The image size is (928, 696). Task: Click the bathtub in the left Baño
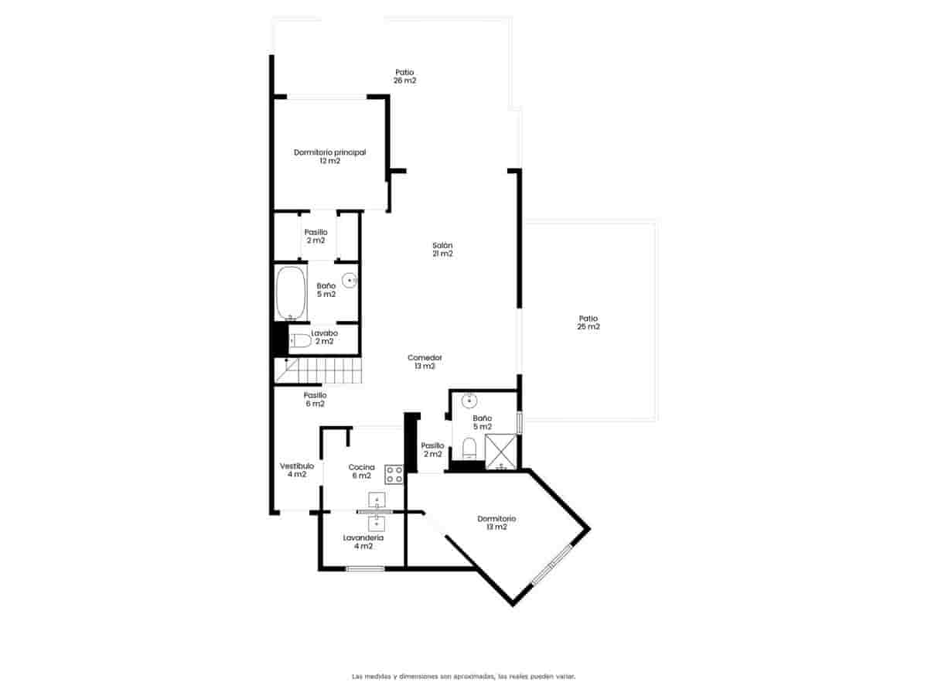[x=290, y=293]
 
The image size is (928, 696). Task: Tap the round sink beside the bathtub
[x=350, y=280]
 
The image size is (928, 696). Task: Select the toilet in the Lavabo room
[x=300, y=340]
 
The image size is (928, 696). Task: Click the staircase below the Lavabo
[x=319, y=370]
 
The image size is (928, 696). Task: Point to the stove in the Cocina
[x=394, y=474]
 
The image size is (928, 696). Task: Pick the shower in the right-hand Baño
[x=501, y=452]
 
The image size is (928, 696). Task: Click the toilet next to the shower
[x=468, y=449]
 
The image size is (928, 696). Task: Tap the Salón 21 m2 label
[x=442, y=249]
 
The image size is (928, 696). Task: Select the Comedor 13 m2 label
[x=425, y=362]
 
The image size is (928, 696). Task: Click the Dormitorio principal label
[x=329, y=156]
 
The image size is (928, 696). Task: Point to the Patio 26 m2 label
[x=404, y=76]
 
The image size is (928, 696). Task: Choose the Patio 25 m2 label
[x=589, y=322]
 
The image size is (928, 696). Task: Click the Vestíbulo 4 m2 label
[x=297, y=470]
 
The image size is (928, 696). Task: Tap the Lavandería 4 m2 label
[x=363, y=541]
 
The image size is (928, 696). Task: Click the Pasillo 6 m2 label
[x=315, y=399]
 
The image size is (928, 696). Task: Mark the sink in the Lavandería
[x=377, y=523]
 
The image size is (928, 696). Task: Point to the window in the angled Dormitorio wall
[x=551, y=564]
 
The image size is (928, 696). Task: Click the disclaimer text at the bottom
[x=463, y=676]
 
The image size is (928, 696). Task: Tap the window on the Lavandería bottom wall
[x=365, y=569]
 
